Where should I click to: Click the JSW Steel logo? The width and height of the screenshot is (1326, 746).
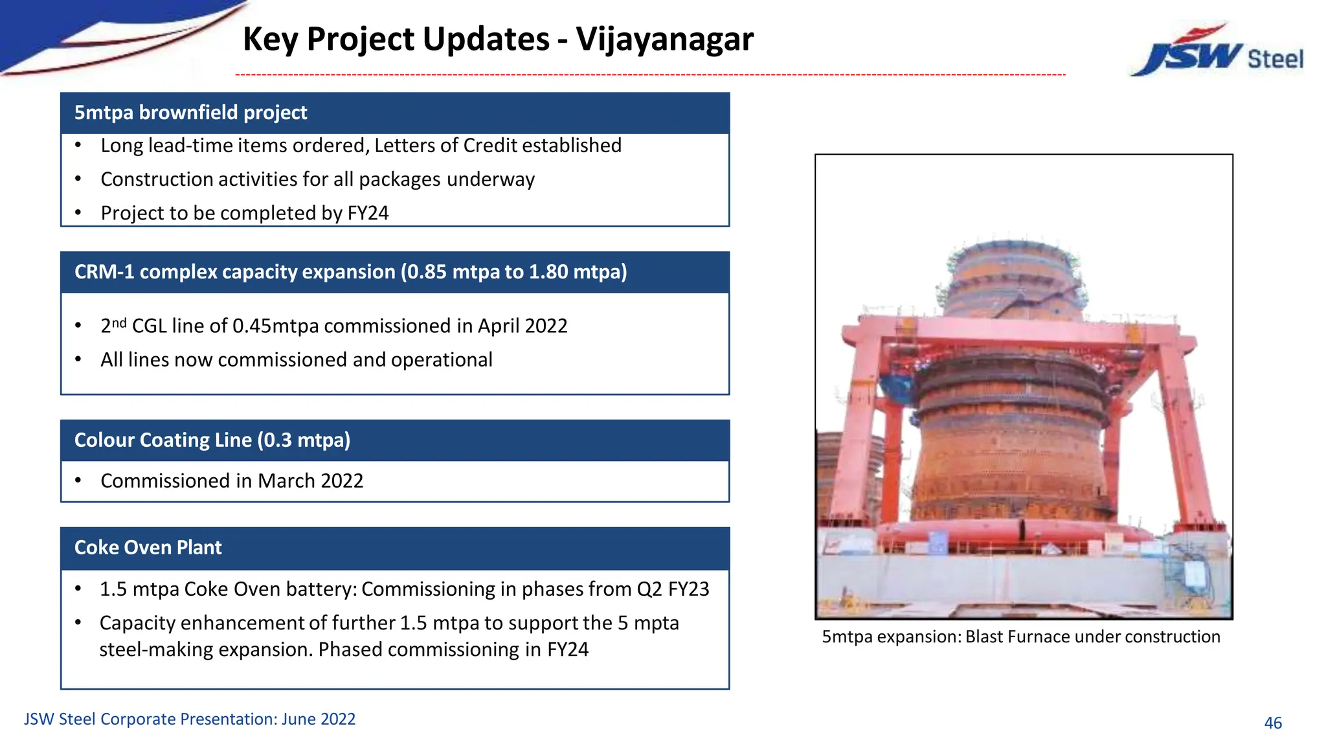click(1217, 52)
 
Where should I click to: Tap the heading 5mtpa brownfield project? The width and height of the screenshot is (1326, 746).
click(190, 113)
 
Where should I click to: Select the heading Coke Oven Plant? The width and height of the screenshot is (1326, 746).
click(148, 548)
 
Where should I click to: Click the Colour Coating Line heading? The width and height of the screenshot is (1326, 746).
click(212, 440)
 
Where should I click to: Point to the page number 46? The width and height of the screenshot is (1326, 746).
click(1273, 723)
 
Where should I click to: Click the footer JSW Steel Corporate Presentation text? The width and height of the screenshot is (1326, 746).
click(189, 719)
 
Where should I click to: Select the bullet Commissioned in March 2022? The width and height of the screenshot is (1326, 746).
click(232, 481)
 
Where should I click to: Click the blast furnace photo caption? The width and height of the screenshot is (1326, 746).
click(1021, 637)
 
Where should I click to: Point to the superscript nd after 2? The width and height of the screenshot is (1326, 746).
click(119, 322)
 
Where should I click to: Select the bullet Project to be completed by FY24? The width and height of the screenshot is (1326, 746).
click(244, 213)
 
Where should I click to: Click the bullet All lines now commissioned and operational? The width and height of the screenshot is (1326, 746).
click(296, 360)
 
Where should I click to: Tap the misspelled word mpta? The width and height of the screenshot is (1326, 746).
click(656, 623)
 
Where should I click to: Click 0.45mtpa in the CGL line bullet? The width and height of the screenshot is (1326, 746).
click(275, 326)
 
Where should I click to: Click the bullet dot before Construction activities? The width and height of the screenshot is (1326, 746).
click(78, 179)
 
